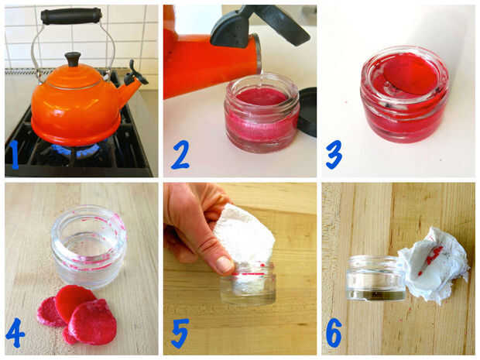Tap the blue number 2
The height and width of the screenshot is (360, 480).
click(180, 155)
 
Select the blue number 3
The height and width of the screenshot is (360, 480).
click(334, 154)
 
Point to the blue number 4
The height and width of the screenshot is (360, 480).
click(15, 333)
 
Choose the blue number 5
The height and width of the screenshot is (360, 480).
click(180, 333)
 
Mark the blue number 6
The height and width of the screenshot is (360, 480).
click(334, 333)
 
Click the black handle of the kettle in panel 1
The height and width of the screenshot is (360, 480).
click(71, 16)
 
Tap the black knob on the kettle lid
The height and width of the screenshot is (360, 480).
click(73, 59)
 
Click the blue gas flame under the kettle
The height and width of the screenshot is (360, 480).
click(76, 150)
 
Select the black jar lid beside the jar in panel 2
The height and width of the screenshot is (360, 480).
click(307, 111)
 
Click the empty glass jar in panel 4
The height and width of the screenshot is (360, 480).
click(88, 246)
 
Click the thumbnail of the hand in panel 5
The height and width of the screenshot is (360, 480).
click(225, 264)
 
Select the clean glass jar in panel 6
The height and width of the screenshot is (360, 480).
click(376, 278)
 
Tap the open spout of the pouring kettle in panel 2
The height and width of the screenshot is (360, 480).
click(258, 53)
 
